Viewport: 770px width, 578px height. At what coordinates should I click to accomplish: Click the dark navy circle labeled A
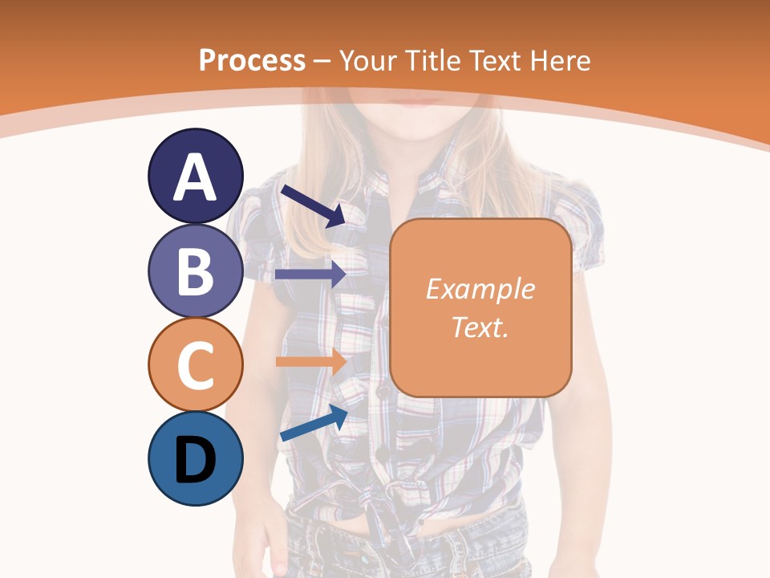pyautogui.click(x=195, y=176)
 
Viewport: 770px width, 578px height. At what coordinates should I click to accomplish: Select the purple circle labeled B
pyautogui.click(x=195, y=271)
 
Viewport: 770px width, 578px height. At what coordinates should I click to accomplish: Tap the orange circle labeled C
pyautogui.click(x=195, y=364)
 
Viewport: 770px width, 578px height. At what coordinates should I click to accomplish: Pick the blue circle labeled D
pyautogui.click(x=195, y=458)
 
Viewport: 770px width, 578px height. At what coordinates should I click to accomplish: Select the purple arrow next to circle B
pyautogui.click(x=310, y=274)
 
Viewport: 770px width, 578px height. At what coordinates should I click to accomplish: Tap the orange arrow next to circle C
pyautogui.click(x=310, y=360)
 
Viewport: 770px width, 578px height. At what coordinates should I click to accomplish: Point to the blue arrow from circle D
pyautogui.click(x=314, y=423)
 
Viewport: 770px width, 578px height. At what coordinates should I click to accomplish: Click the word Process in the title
pyautogui.click(x=252, y=60)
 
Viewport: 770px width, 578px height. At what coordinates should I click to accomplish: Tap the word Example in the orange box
pyautogui.click(x=480, y=289)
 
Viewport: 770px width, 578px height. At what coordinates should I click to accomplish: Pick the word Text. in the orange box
pyautogui.click(x=480, y=327)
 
